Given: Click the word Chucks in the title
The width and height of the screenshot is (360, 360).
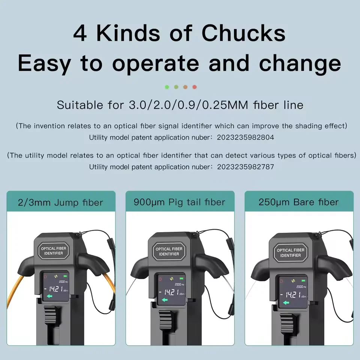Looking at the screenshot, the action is pos(243,33).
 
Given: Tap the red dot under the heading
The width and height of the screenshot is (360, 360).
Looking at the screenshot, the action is pos(195,87).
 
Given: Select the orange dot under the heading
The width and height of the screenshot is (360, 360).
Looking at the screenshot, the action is pos(185,87).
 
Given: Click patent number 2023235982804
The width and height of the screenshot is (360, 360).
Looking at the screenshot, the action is pos(245,137).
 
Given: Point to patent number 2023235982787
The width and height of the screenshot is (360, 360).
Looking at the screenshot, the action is pos(245,166).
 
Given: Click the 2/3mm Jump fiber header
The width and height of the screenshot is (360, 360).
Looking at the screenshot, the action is pos(61,202).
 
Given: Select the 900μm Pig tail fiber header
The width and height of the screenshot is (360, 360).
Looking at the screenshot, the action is pos(180,202).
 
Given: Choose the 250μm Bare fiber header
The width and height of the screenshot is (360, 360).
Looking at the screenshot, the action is pos(298,202).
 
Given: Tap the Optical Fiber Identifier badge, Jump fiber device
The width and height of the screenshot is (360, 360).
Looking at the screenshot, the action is pos(54,251).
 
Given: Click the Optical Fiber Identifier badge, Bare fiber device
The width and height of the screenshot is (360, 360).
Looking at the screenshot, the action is pos(290,252).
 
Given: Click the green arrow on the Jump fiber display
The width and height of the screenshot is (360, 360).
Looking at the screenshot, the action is pos(49,296).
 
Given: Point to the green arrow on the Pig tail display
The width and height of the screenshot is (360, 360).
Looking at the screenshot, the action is pos(165,300).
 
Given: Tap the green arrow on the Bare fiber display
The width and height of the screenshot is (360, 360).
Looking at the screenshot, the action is pos(286,303).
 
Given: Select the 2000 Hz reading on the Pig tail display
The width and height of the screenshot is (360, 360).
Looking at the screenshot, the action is pos(179,285).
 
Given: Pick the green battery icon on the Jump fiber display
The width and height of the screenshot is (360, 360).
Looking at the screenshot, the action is pos(66,276).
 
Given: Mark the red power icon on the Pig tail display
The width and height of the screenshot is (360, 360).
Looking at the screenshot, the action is pos(160,279).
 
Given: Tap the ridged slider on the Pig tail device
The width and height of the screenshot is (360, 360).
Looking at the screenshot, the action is pos(166,319).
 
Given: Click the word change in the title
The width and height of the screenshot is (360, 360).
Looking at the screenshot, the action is pos(300,64).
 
